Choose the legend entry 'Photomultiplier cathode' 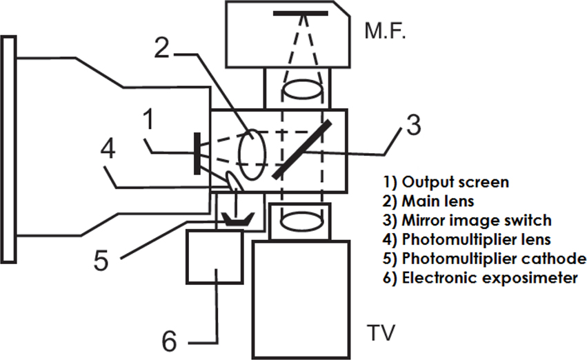point(485,259)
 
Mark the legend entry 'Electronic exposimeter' point(481,278)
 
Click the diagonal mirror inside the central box point(302,149)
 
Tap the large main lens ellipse point(252,155)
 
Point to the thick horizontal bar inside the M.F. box point(300,12)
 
